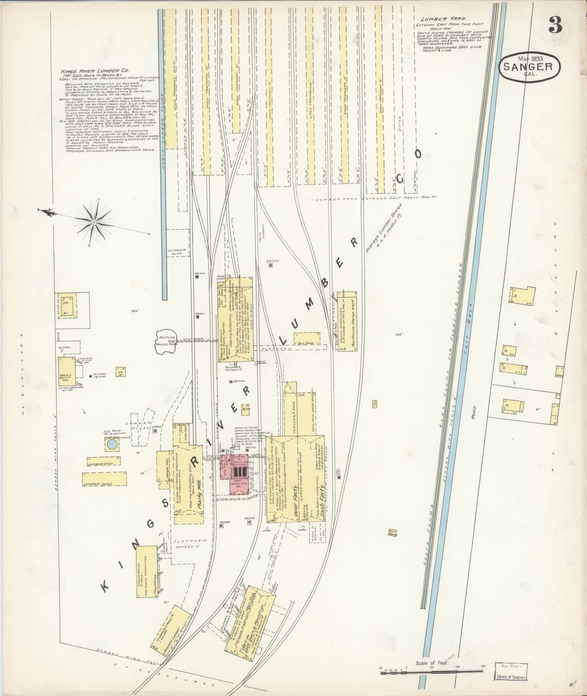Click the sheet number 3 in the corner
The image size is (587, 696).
[555, 26]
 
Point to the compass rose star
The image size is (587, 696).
[94, 221]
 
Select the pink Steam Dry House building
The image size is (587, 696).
[237, 473]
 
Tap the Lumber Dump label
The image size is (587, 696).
[177, 252]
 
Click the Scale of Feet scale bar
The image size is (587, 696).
[431, 672]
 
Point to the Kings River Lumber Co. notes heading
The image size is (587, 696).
[95, 70]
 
